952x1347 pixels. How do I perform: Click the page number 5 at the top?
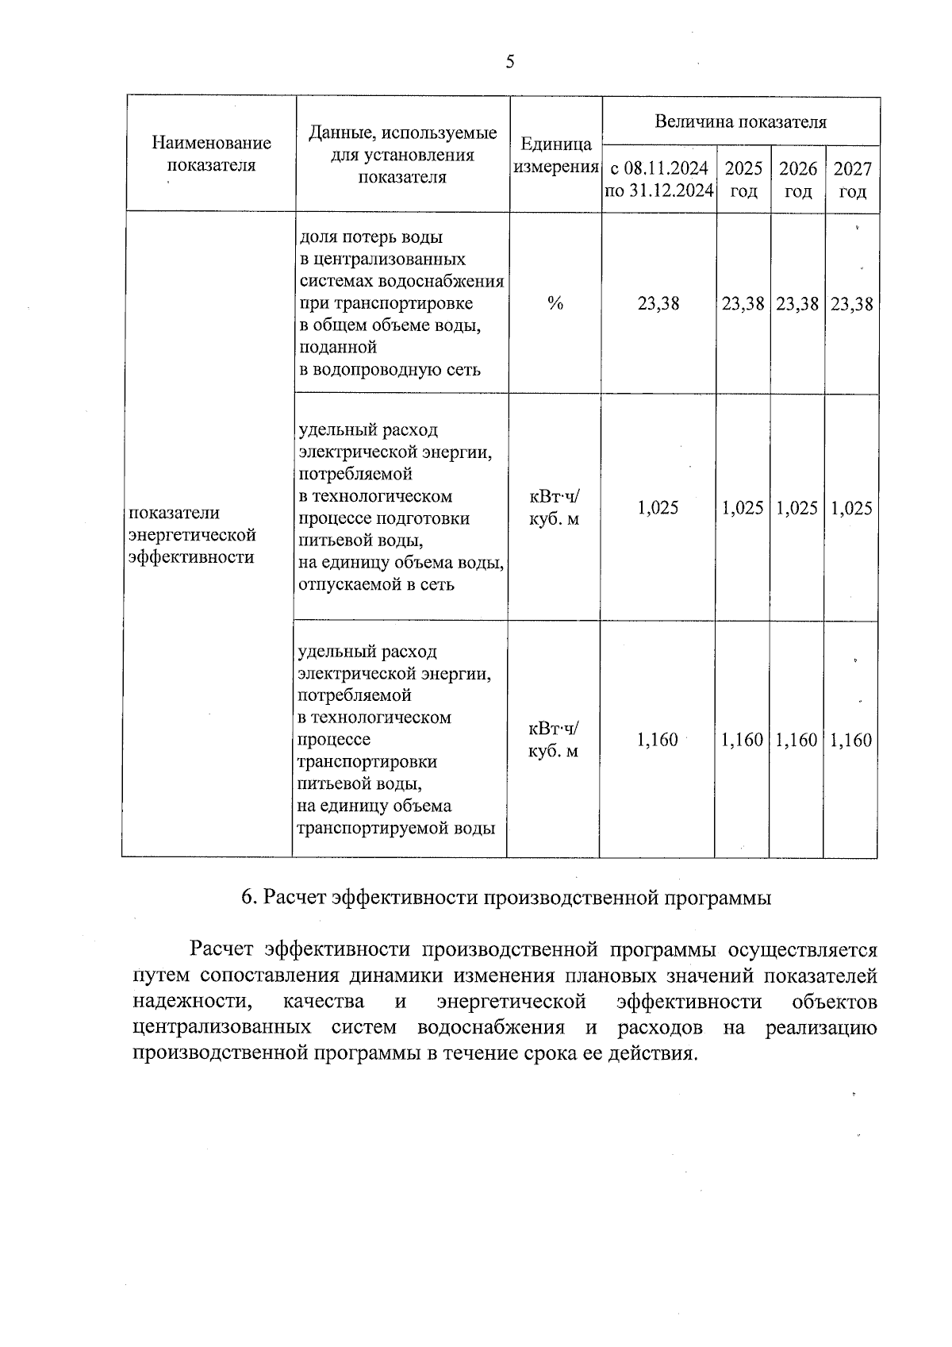pos(510,62)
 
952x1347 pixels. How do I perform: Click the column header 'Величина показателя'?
pos(740,121)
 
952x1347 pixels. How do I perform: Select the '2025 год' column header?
pos(743,179)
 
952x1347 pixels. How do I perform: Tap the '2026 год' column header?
pos(798,179)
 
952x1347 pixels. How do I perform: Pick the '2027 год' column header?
pos(852,179)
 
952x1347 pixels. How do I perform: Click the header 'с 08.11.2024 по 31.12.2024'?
pos(659,179)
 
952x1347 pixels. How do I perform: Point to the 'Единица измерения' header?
pos(556,156)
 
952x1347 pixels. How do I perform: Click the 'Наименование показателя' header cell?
pos(211,154)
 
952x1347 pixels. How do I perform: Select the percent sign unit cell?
pos(555,303)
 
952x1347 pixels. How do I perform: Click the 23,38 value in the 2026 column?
pos(797,303)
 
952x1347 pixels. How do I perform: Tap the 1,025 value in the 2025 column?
pos(743,508)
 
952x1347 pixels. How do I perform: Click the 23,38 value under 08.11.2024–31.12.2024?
pos(658,303)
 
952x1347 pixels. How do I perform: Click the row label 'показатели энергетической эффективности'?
pos(192,535)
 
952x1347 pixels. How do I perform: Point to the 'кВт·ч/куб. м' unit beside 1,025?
pos(555,508)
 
